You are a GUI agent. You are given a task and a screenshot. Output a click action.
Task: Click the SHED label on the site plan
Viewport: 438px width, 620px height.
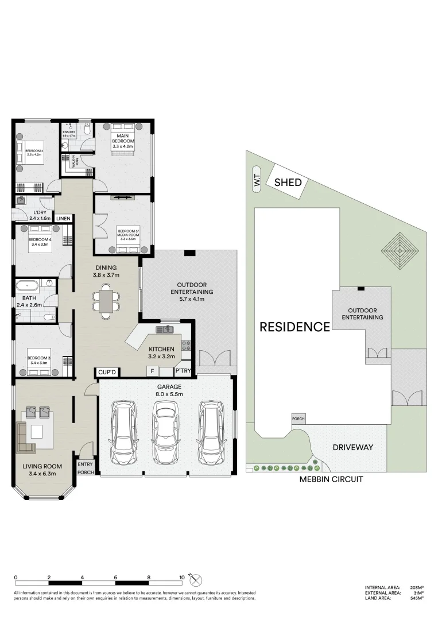pos(285,183)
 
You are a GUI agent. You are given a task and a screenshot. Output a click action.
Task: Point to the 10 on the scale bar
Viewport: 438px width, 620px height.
pos(181,578)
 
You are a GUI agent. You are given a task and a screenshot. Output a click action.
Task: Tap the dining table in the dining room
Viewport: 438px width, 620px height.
pos(107,301)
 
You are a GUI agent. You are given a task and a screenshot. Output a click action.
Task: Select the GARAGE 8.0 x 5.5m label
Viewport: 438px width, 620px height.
pos(166,390)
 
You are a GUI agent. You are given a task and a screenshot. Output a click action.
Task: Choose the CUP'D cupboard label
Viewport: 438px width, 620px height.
pos(107,373)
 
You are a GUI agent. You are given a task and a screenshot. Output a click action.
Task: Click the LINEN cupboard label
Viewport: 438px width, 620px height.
pos(63,219)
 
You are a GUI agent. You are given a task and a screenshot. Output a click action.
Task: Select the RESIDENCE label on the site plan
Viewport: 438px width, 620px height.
pos(294,327)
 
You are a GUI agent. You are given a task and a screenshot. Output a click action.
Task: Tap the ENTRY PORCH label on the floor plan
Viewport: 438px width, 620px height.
pos(86,468)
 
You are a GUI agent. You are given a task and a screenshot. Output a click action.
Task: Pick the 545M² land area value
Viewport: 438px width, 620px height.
pos(417,598)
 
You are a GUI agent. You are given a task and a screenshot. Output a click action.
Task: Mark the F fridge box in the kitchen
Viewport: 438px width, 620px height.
pos(152,371)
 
